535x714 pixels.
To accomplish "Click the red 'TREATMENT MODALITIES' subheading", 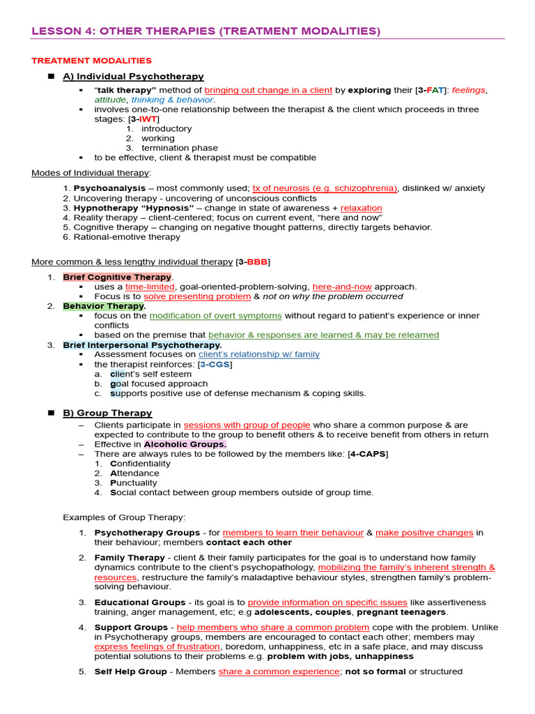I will (x=91, y=61).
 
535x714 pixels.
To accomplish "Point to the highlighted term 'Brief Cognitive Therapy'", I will (x=117, y=277).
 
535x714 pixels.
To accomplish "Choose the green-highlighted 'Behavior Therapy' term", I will (x=103, y=305).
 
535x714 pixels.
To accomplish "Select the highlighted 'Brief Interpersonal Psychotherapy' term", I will (x=141, y=344).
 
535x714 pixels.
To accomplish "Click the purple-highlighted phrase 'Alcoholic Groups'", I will (x=185, y=444).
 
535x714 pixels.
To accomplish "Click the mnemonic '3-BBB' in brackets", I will (x=254, y=261).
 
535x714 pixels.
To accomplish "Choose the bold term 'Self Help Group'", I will (x=130, y=671).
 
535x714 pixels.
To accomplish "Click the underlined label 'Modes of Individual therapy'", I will (x=91, y=173).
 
